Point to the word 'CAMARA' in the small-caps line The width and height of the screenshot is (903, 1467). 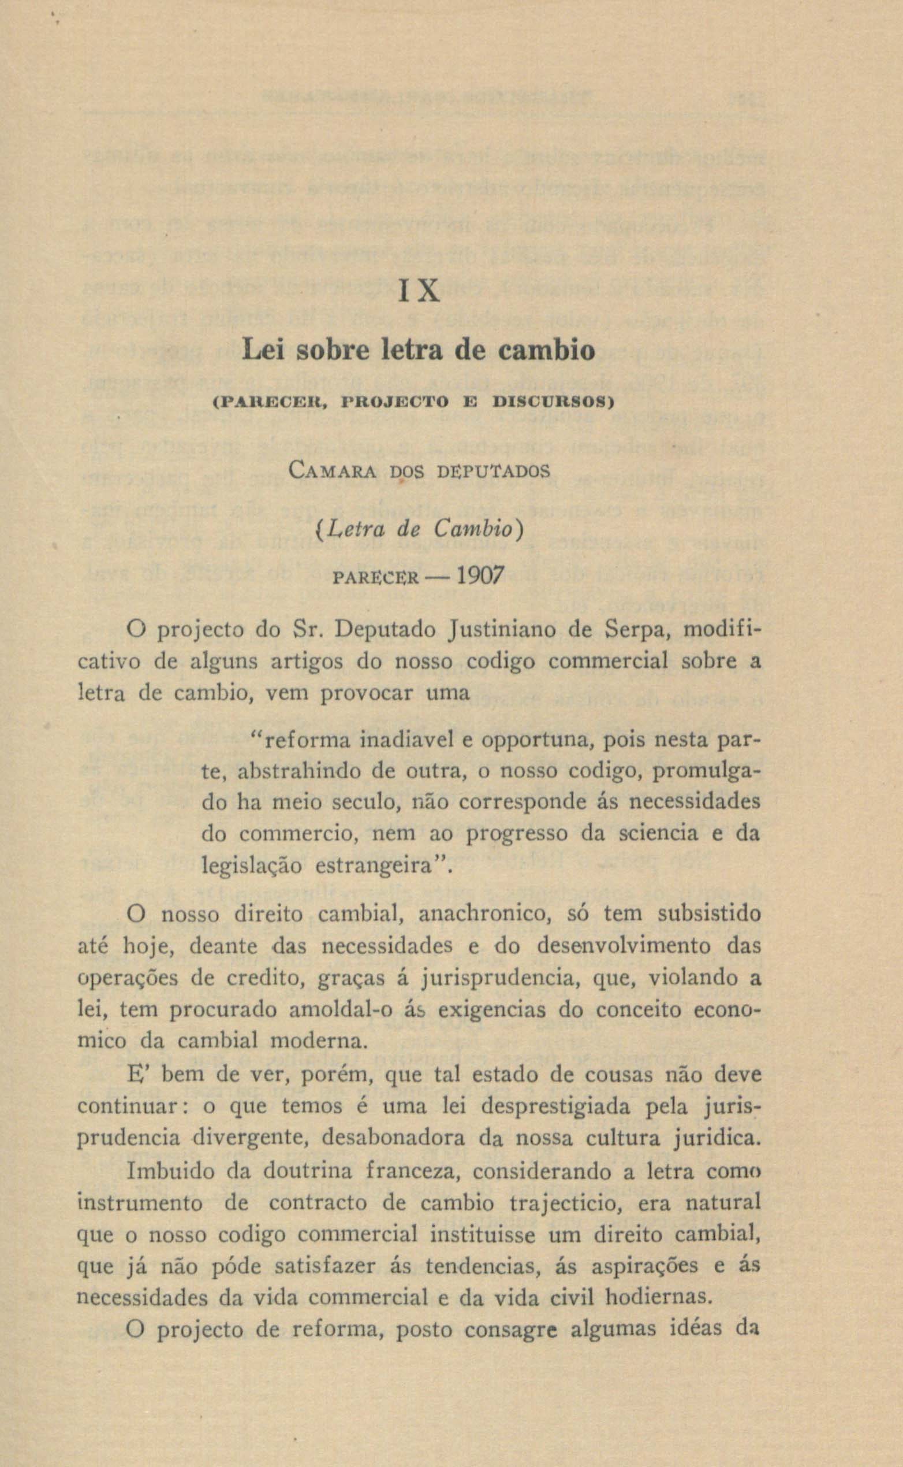(x=331, y=471)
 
